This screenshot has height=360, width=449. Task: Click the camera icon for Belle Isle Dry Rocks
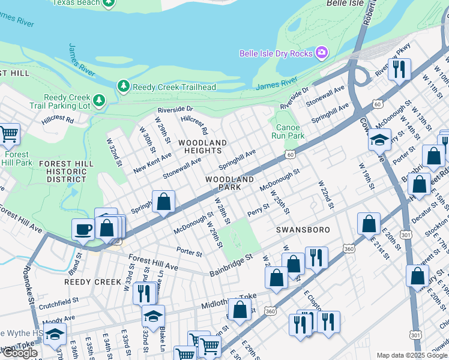(x=322, y=53)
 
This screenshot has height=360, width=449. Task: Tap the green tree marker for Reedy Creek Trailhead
(x=124, y=87)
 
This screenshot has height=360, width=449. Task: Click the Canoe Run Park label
(x=288, y=131)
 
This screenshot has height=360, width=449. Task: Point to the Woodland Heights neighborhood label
(x=202, y=146)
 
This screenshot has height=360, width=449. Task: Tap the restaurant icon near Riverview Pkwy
(x=399, y=69)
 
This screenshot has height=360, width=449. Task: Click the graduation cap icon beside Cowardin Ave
(x=379, y=140)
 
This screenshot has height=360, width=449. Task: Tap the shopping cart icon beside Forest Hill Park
(x=8, y=134)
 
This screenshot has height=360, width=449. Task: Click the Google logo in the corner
(x=20, y=353)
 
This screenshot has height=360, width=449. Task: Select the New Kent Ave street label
(x=152, y=163)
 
